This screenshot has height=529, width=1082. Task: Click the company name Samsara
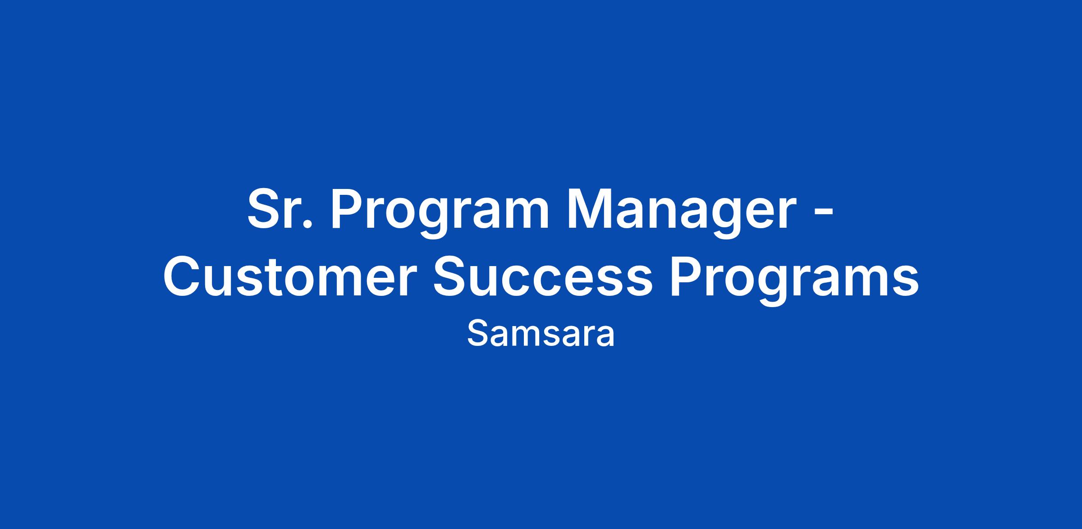click(541, 335)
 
